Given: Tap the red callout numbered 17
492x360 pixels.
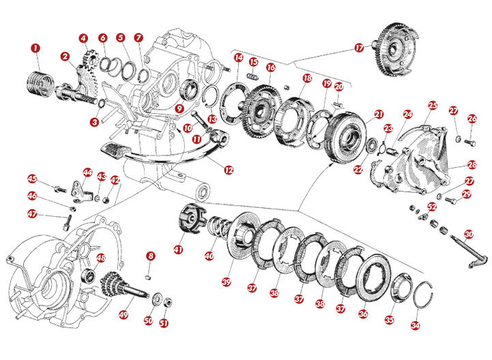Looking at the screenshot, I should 360,48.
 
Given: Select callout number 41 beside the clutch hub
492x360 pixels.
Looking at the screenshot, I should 178,250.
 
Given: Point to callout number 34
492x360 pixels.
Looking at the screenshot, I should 416,326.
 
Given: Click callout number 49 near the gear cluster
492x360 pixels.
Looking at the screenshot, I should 124,314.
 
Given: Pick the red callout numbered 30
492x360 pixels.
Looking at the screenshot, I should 469,234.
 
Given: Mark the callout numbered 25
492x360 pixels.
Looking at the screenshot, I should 433,106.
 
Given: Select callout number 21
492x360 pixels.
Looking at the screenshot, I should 379,114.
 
